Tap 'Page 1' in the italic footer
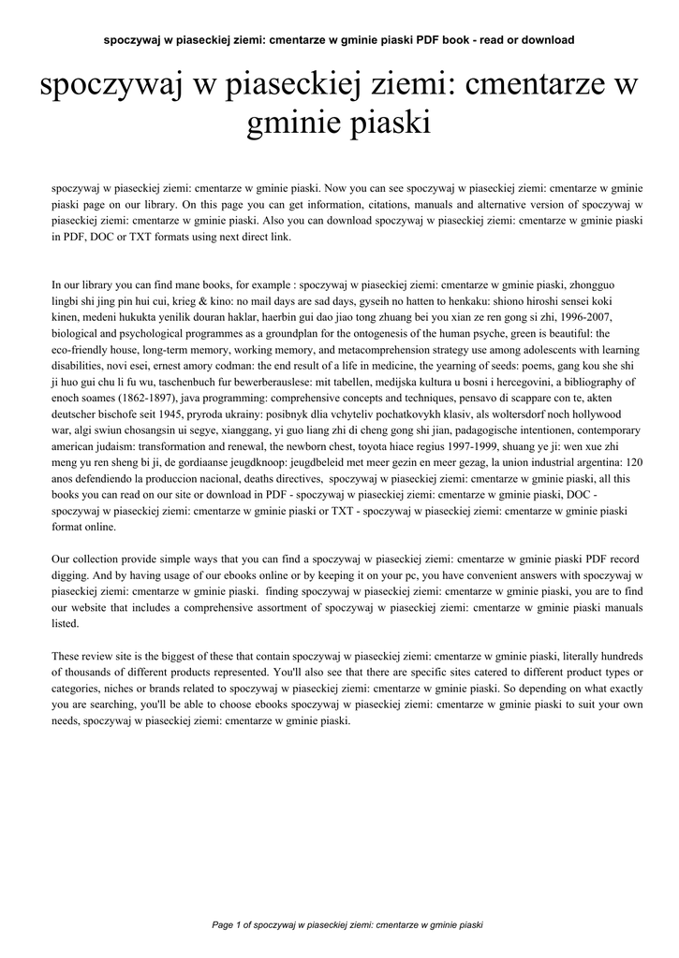coord(229,925)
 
